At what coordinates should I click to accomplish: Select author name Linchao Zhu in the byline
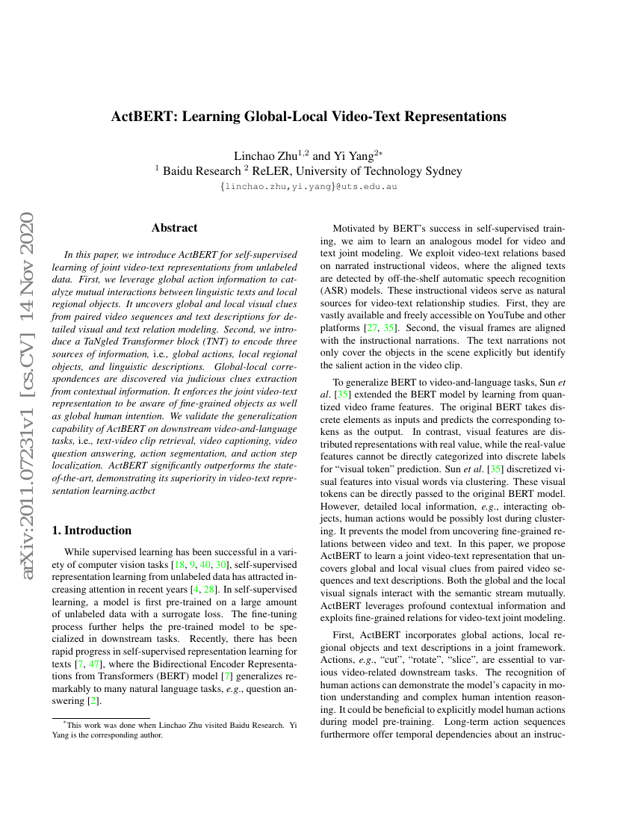tap(266, 156)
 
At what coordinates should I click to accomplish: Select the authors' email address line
tap(309, 186)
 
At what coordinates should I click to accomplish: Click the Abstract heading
tap(174, 228)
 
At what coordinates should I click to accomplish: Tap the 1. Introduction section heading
tap(92, 531)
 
